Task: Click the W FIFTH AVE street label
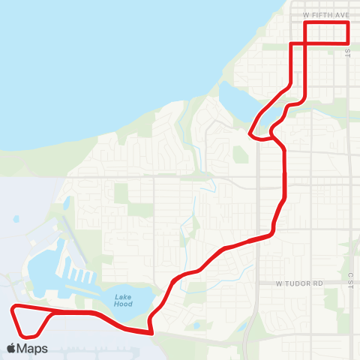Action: (326, 14)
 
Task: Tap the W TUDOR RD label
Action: (298, 283)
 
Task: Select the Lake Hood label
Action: (124, 301)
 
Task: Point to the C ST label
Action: (349, 280)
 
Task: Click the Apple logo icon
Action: (12, 348)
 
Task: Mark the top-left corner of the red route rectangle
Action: (305, 23)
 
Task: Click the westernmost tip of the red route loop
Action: (11, 308)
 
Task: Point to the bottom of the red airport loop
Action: (30, 335)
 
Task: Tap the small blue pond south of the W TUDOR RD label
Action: (196, 325)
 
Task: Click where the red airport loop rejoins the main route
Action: (52, 311)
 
